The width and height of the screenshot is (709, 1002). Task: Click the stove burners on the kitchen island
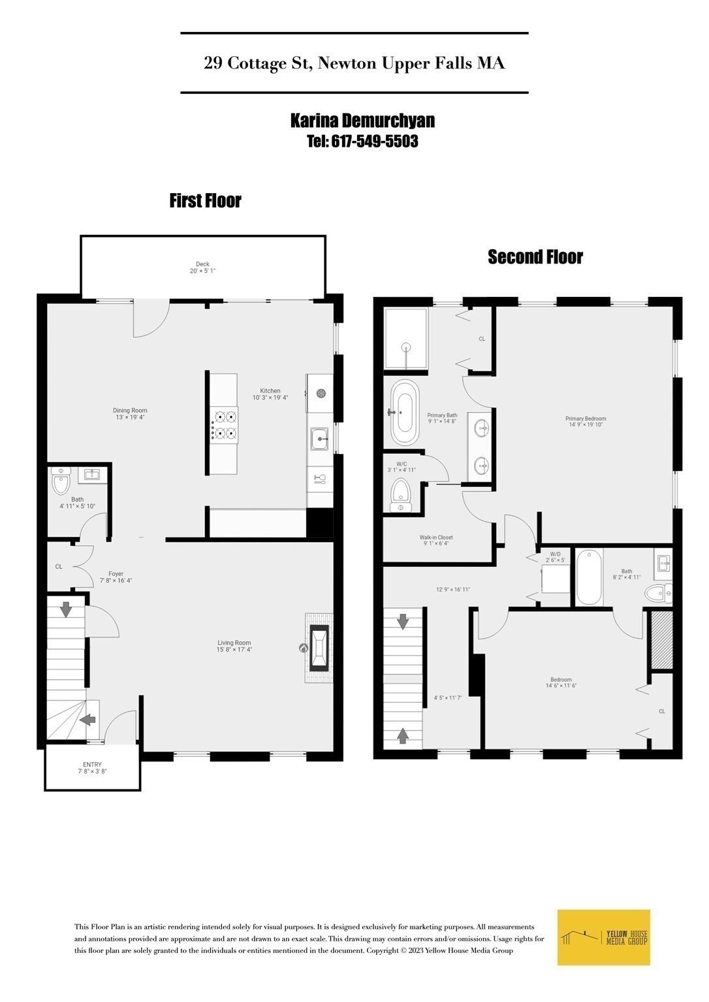click(224, 425)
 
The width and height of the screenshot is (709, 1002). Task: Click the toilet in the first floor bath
click(61, 483)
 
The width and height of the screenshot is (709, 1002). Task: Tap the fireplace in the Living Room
click(319, 648)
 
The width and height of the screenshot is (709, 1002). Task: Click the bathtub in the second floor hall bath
click(590, 577)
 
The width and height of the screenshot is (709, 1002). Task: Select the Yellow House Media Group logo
click(604, 937)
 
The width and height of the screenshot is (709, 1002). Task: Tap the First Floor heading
click(205, 201)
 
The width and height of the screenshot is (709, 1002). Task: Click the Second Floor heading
click(535, 257)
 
